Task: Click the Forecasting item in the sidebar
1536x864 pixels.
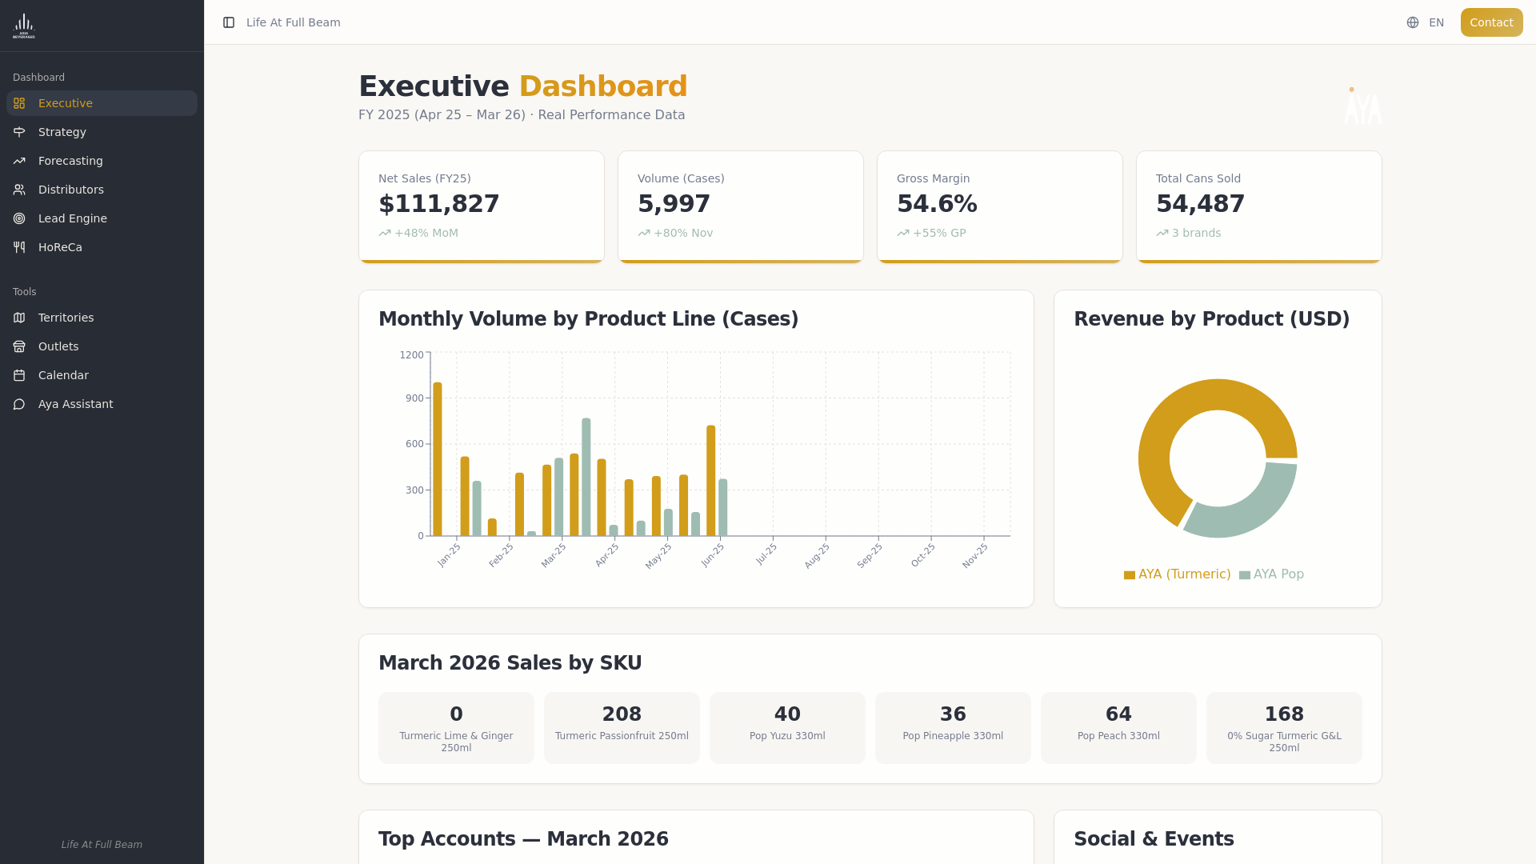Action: [x=70, y=161]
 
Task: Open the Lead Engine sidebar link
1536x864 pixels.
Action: [x=72, y=218]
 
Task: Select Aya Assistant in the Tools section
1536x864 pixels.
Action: [x=75, y=404]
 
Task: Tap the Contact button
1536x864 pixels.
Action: [x=1490, y=22]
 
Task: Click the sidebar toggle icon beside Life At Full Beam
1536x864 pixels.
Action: [x=229, y=22]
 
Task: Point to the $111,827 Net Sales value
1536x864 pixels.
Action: [x=438, y=204]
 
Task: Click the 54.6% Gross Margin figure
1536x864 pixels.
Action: [x=936, y=204]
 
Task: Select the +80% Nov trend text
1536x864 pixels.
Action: [x=682, y=233]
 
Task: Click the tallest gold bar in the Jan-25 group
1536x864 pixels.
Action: [x=438, y=460]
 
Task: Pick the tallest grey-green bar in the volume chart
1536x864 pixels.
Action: [x=586, y=477]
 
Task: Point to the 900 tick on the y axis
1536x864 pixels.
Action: [x=414, y=398]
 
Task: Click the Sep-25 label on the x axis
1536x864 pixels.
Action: [x=870, y=555]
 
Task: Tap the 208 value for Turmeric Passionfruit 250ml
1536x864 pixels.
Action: [x=622, y=714]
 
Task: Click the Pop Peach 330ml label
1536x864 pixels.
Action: [x=1118, y=736]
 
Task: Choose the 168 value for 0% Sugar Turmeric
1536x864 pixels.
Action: [x=1283, y=714]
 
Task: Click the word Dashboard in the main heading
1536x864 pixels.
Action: [x=602, y=86]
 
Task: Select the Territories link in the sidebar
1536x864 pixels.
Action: [x=66, y=318]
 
